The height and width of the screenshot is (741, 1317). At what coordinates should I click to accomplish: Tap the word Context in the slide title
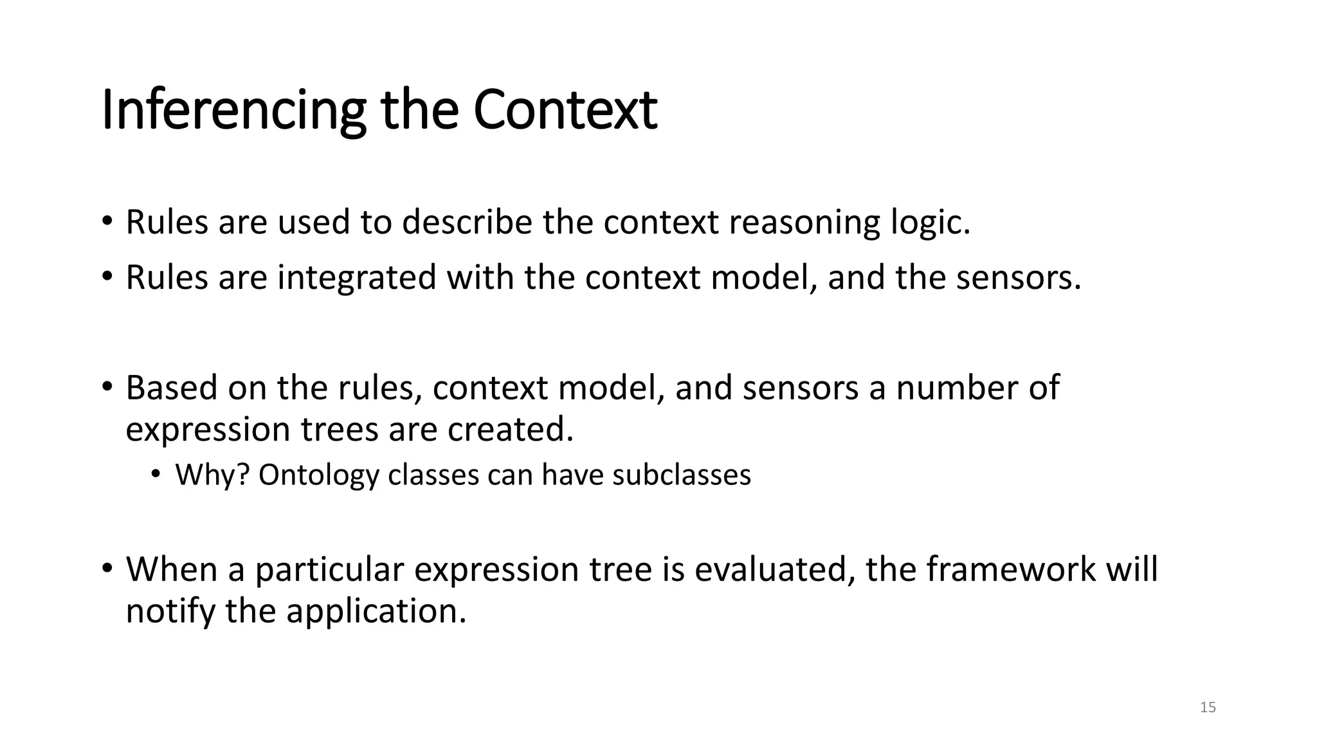(565, 111)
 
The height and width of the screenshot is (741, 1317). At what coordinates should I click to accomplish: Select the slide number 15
(1208, 708)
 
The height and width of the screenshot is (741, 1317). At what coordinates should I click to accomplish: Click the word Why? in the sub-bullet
(212, 475)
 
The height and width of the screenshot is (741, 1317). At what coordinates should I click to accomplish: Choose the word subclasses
(682, 475)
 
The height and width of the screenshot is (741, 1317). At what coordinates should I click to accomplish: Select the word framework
(1010, 569)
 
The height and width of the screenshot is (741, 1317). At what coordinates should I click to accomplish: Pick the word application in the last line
(376, 610)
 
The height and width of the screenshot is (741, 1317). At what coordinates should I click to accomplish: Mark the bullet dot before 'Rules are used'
(107, 223)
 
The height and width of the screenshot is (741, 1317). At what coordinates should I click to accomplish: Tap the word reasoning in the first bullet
(804, 223)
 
